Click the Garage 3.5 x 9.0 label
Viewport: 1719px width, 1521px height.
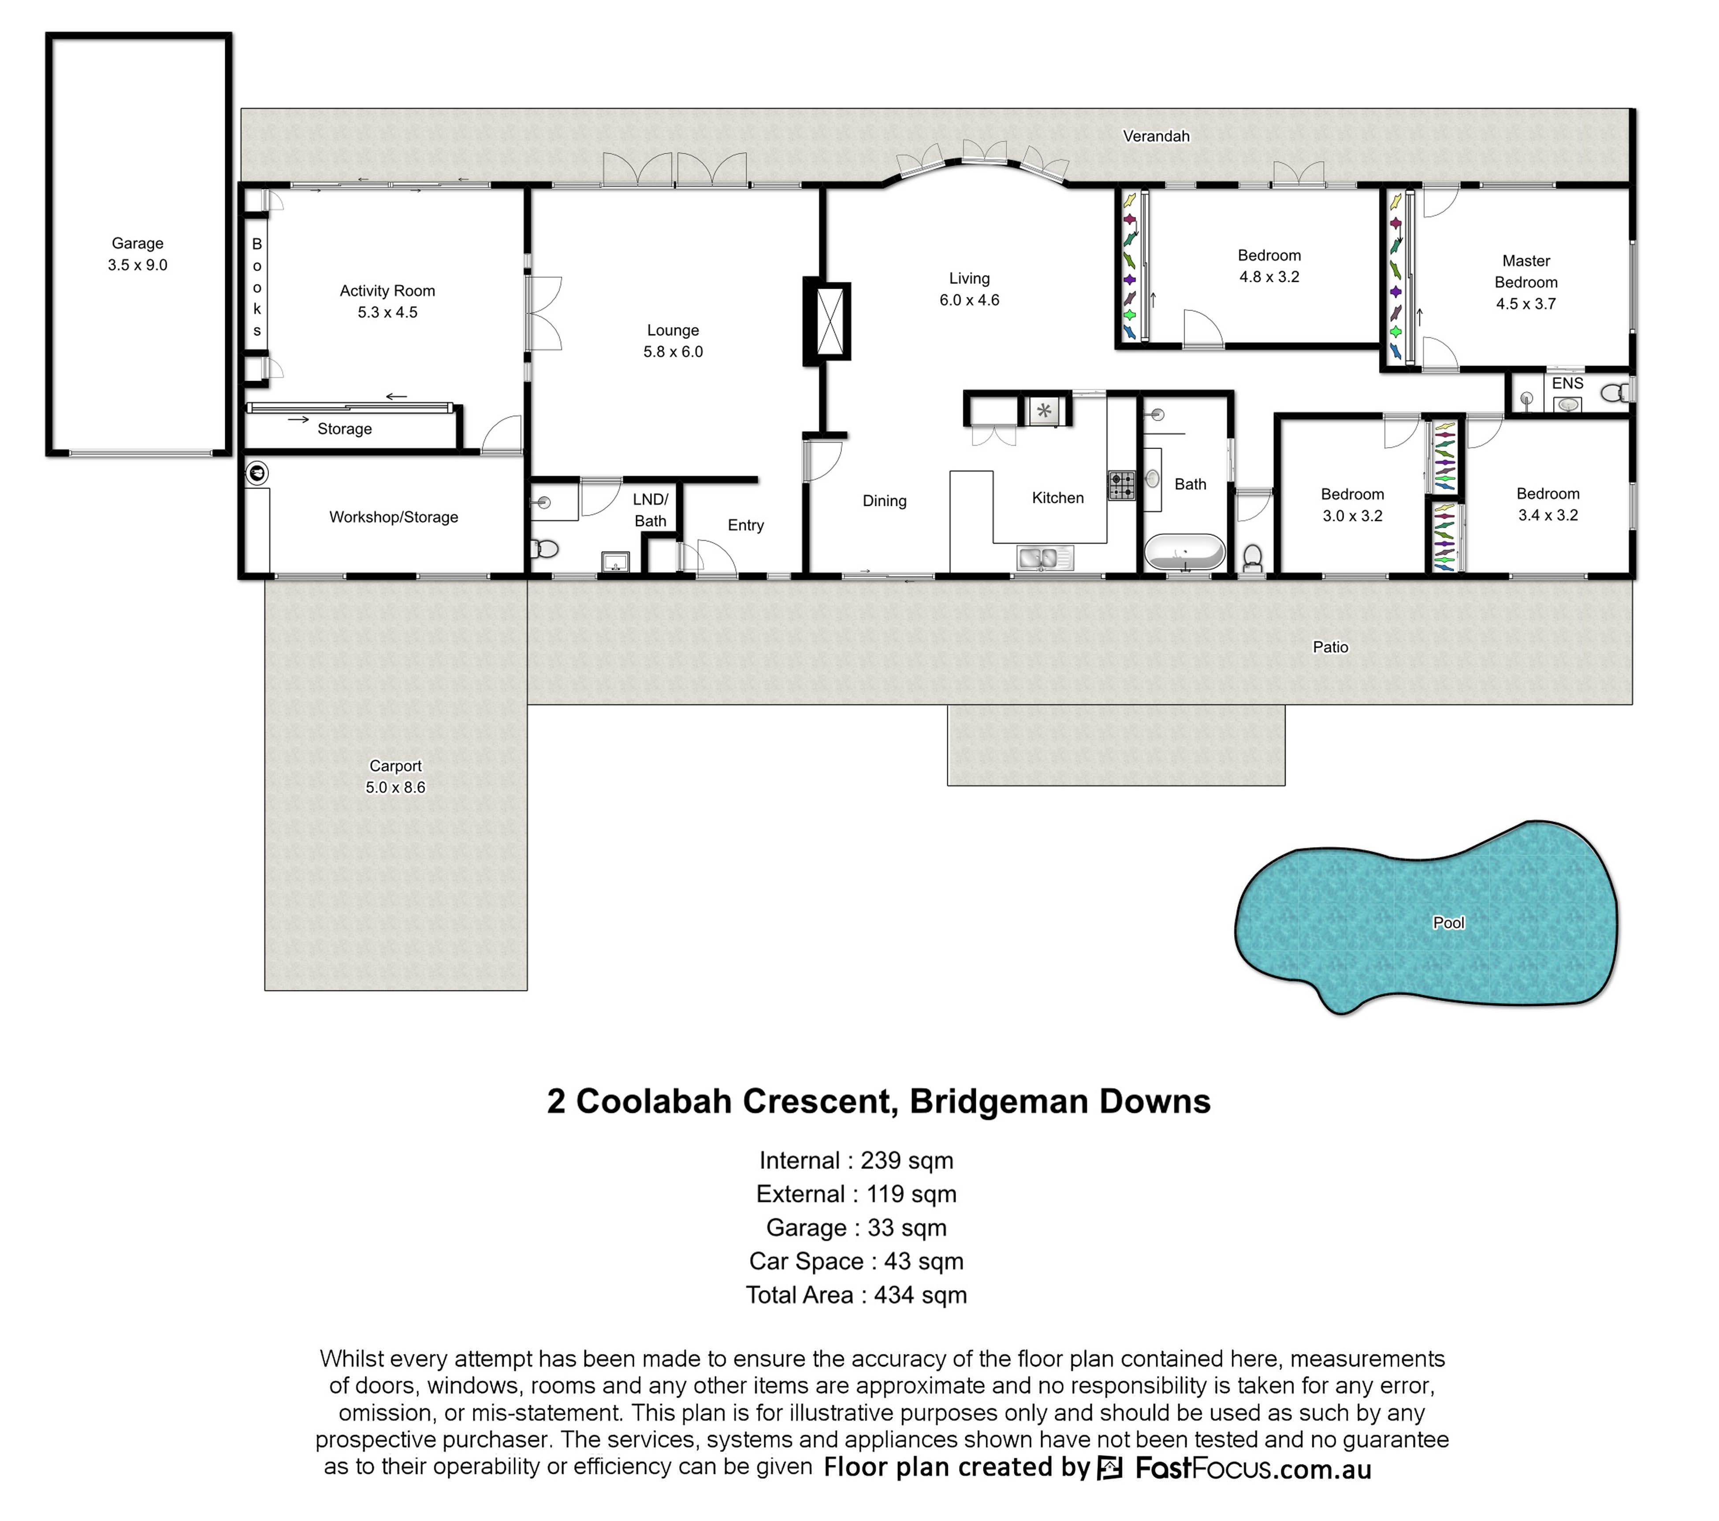tap(138, 254)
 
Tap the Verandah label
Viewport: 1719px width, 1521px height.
tap(1157, 136)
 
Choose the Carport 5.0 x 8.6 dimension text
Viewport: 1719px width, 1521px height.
tap(395, 788)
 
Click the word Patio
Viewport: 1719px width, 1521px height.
tap(1330, 647)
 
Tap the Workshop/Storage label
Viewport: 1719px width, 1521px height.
tap(394, 517)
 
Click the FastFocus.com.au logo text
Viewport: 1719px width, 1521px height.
tap(1253, 1468)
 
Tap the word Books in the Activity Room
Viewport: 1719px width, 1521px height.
tap(257, 287)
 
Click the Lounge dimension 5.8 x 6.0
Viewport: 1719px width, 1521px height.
tap(673, 351)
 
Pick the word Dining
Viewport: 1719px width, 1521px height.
tap(885, 501)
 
